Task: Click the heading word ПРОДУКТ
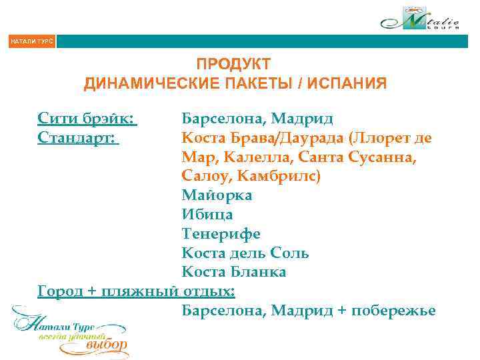point(234,65)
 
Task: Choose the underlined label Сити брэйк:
point(87,119)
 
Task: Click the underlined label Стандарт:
point(78,139)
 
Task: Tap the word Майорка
point(217,196)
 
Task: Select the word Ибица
point(207,215)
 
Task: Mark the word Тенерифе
point(221,234)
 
